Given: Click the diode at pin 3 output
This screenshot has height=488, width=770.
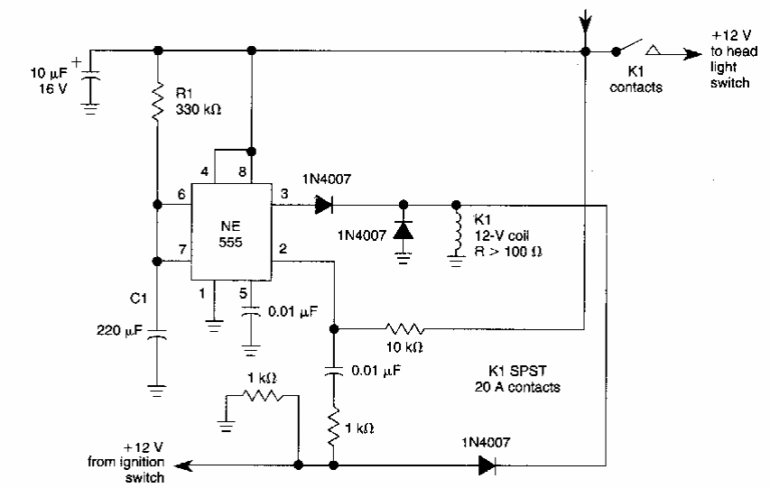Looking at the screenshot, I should point(324,204).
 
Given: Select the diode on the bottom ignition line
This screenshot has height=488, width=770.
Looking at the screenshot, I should point(488,465).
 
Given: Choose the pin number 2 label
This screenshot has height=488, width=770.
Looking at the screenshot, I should point(283,249).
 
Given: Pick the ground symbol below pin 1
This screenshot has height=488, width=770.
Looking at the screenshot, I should point(214,318).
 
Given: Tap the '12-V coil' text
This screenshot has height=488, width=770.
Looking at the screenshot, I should point(497,235).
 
